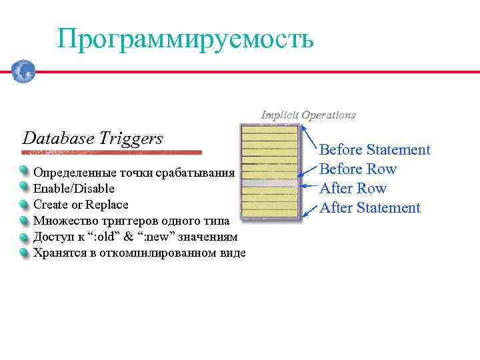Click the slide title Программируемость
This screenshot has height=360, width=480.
(185, 39)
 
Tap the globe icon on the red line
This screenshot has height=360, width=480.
(23, 71)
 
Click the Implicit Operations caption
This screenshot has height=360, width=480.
(308, 115)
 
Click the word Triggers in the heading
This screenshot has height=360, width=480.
(131, 139)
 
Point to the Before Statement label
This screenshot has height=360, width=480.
(375, 150)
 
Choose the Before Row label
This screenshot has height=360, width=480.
(358, 169)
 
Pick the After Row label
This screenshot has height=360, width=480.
(353, 189)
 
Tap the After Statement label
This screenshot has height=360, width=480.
(370, 208)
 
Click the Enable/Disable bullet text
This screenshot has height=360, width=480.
(74, 189)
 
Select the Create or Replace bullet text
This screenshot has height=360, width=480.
(81, 205)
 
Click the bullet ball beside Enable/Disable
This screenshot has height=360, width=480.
(24, 188)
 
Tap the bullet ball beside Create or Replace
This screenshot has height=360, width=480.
(24, 204)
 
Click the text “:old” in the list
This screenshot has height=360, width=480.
(101, 237)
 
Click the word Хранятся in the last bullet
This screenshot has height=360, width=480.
(59, 253)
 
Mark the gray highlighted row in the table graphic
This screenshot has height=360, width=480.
(269, 183)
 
